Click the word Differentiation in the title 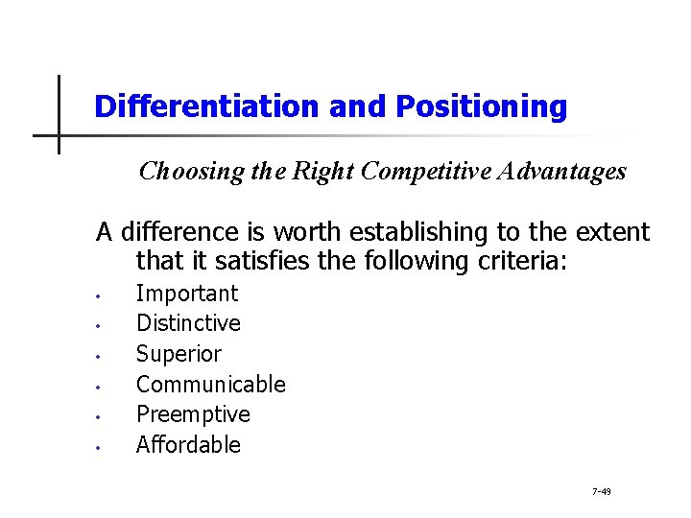pyautogui.click(x=207, y=106)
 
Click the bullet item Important pyautogui.click(x=187, y=294)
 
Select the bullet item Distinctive pyautogui.click(x=188, y=323)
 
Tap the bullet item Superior pyautogui.click(x=179, y=354)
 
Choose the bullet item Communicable pyautogui.click(x=211, y=385)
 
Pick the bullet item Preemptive pyautogui.click(x=193, y=414)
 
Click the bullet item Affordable pyautogui.click(x=188, y=445)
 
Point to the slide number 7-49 pyautogui.click(x=602, y=491)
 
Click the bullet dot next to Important pyautogui.click(x=100, y=295)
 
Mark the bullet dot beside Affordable pyautogui.click(x=100, y=447)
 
